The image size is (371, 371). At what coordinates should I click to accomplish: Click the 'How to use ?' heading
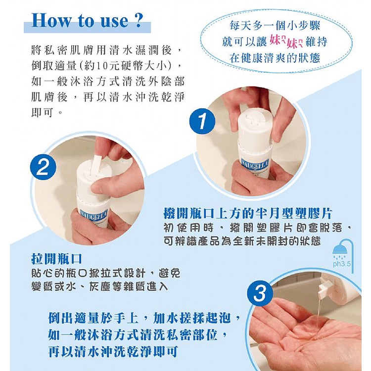(x=87, y=21)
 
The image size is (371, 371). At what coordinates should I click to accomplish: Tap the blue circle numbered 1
(x=202, y=121)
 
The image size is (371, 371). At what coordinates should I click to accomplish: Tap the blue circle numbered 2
(x=43, y=167)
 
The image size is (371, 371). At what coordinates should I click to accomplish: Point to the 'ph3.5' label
(x=342, y=264)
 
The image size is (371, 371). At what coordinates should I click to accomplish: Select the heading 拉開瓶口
(x=56, y=259)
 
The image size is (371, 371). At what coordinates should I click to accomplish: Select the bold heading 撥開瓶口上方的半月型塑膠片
(x=248, y=214)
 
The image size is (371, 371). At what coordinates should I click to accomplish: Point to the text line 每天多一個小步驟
(x=275, y=26)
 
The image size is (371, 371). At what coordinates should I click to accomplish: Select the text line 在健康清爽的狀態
(x=275, y=57)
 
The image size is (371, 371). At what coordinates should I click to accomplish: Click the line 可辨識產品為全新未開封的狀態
(x=242, y=241)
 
